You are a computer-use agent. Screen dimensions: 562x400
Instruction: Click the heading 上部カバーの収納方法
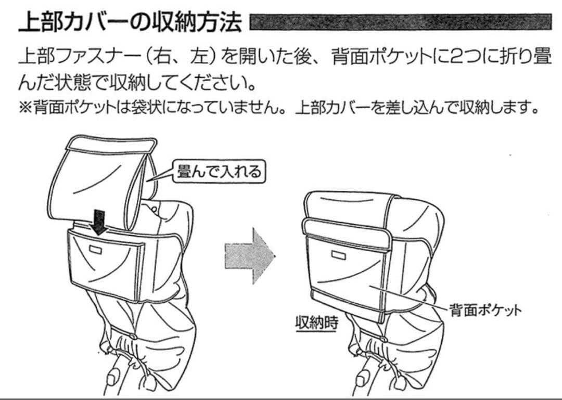[x=130, y=22]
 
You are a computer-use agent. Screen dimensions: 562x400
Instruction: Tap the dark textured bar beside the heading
[x=401, y=22]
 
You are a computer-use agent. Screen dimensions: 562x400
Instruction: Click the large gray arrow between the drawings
[x=250, y=256]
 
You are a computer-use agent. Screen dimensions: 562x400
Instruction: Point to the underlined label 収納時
[x=316, y=323]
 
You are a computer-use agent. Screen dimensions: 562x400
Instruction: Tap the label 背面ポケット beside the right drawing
[x=486, y=310]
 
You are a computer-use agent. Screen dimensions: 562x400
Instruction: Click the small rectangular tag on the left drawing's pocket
[x=95, y=249]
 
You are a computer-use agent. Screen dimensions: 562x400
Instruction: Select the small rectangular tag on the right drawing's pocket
[x=338, y=255]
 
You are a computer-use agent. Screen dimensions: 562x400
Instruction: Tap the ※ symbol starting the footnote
[x=25, y=107]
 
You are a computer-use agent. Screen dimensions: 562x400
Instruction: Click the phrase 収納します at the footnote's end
[x=495, y=107]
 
